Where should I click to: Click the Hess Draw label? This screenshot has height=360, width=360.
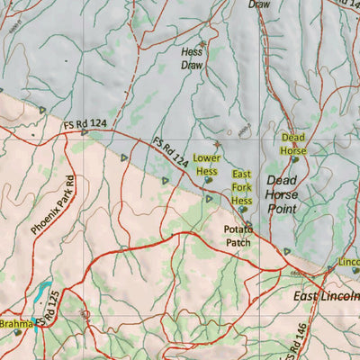192,59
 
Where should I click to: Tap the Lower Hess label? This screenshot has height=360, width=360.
206,164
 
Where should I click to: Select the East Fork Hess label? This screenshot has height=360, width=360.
241,187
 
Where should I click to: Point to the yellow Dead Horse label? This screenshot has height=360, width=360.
293,144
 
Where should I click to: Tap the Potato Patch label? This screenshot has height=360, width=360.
239,236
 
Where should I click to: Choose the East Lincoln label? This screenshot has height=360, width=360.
326,295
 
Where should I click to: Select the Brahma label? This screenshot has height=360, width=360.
15,323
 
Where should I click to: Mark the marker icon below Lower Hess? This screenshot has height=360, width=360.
208,180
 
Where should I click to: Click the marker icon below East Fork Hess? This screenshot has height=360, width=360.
242,210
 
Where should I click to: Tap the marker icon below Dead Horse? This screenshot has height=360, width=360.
294,159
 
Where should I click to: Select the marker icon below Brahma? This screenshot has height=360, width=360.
17,333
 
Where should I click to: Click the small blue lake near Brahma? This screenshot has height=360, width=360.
43,291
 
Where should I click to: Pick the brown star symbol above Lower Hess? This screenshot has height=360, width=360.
217,144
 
